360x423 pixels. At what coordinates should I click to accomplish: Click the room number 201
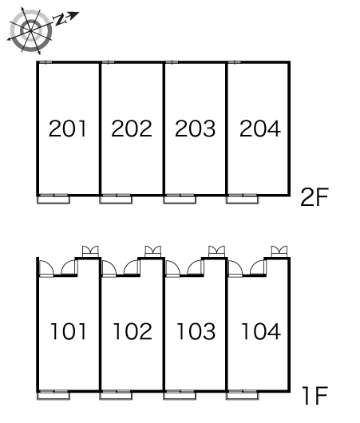pos(68,128)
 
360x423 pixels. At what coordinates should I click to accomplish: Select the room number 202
pos(132,128)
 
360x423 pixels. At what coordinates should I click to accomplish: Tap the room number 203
pos(195,128)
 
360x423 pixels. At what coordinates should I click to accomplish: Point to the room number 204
pos(260,128)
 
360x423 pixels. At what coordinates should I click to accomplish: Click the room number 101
pos(69,331)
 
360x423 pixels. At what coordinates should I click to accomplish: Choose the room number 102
pos(133,331)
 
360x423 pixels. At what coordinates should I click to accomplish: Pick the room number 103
pos(196,331)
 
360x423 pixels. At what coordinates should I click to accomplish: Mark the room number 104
pos(261,331)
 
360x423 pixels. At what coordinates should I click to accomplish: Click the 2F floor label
pos(315,197)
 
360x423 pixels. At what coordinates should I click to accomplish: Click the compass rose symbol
pos(30,31)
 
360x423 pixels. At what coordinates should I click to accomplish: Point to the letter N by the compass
pos(60,20)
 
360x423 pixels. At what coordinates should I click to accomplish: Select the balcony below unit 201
pos(53,199)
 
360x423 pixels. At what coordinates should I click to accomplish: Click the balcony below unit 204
pos(243,199)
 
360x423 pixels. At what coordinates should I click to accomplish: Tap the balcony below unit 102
pos(116,395)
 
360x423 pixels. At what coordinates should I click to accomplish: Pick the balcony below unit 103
pos(180,395)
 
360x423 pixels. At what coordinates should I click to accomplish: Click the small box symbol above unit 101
pos(90,251)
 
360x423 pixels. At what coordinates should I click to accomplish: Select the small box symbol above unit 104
pos(279,251)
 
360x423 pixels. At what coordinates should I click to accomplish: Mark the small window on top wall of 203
pos(172,62)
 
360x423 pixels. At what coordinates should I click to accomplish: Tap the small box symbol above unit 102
pos(153,251)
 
